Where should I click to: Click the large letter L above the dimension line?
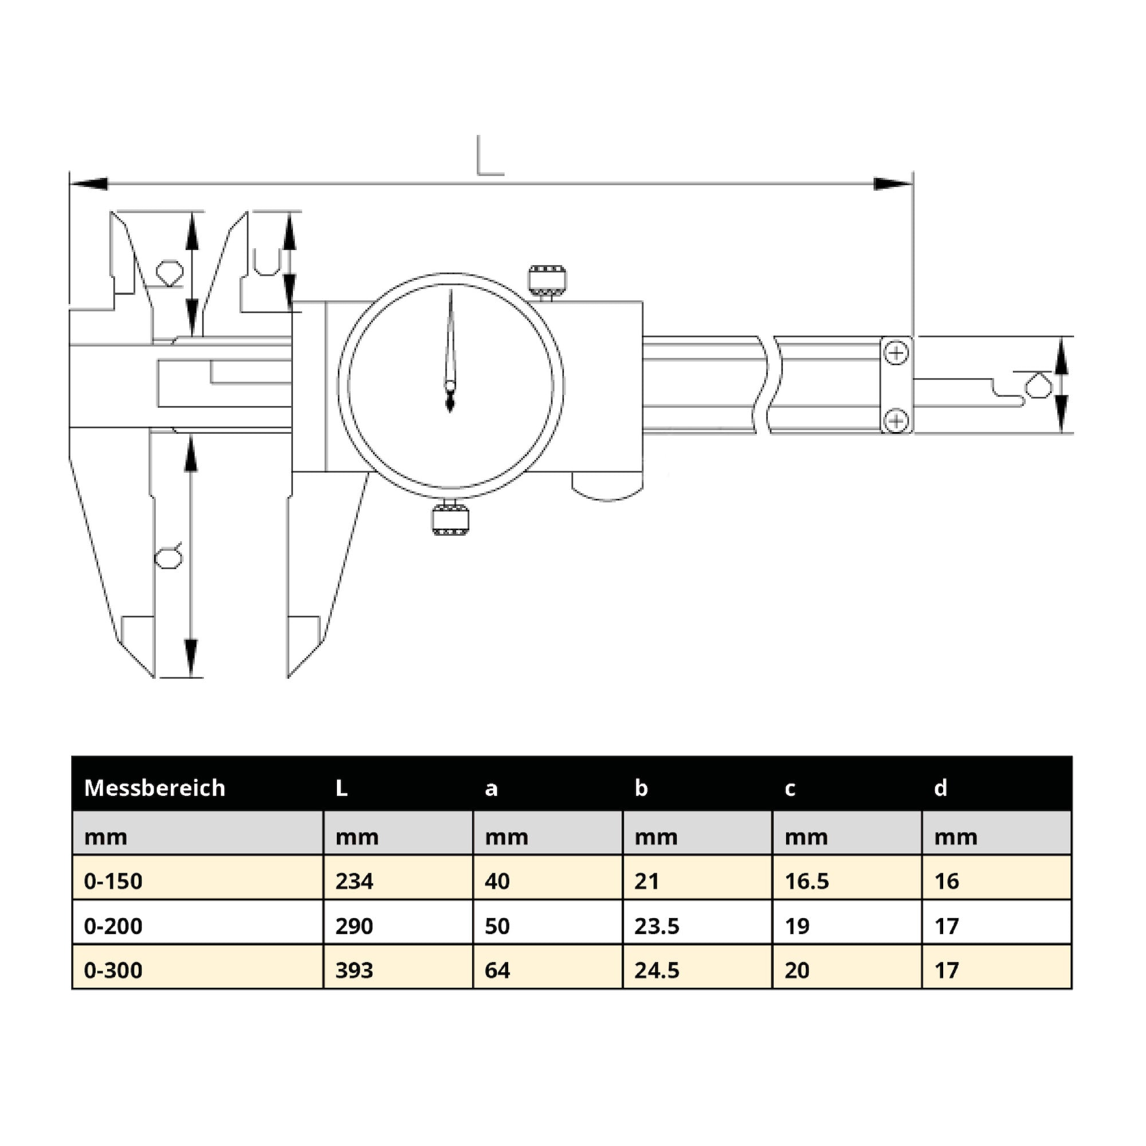pos(490,156)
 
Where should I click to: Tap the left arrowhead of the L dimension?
pos(89,184)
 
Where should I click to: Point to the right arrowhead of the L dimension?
pos(893,184)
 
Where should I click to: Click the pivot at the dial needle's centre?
pos(450,387)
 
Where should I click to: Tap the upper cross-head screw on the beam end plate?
pos(896,354)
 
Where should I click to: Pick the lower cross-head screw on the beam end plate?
pos(896,421)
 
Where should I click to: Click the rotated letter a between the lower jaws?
pos(168,556)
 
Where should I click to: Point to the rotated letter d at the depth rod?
pos(1039,386)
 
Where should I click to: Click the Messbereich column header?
pos(155,788)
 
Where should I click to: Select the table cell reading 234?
pos(354,881)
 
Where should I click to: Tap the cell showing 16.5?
pos(807,881)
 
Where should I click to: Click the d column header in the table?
pos(941,788)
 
